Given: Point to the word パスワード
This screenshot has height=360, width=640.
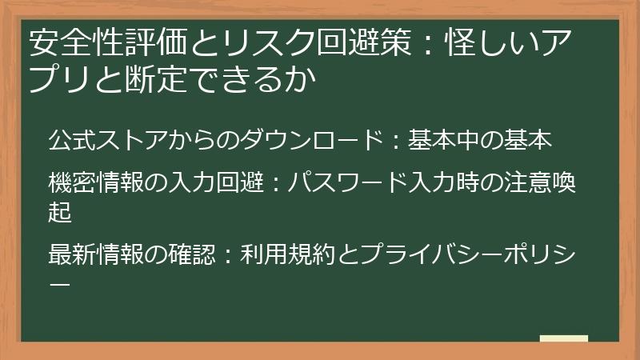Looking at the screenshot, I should click(348, 183).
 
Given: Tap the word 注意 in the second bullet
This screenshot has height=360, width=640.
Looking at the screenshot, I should click(531, 183).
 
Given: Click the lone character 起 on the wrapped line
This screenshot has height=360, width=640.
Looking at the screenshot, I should click(59, 212).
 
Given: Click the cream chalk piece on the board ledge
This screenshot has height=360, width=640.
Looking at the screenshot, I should click(563, 338).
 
